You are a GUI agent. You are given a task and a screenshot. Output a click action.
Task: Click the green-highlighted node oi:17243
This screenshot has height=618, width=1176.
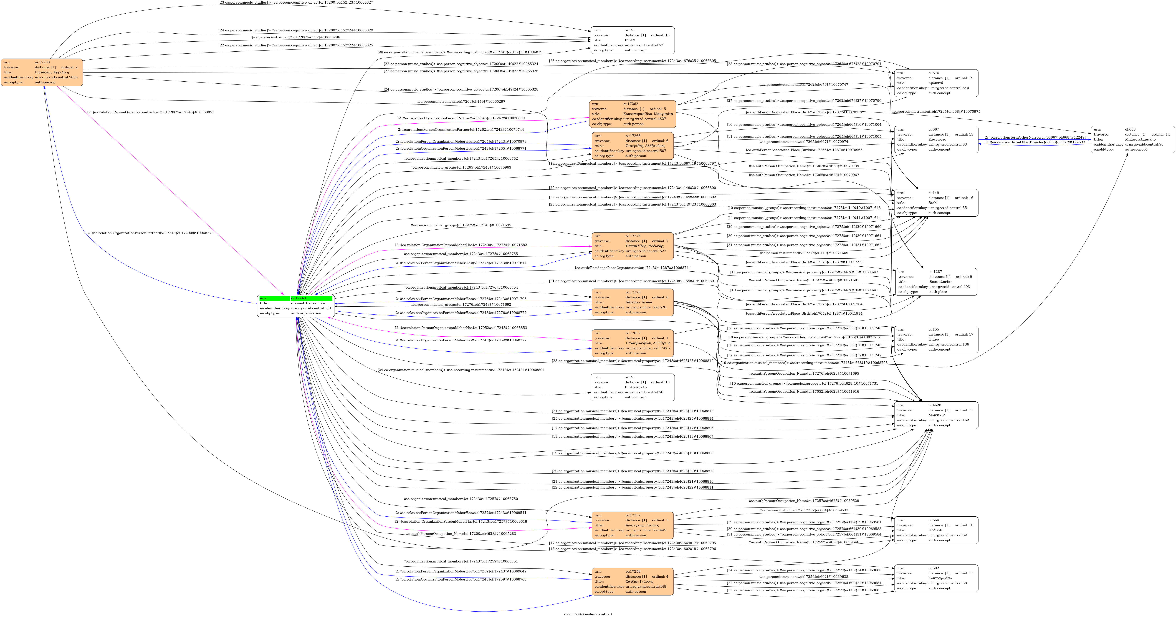[296, 306]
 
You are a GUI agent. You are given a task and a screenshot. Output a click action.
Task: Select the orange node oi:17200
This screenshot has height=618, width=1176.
[42, 72]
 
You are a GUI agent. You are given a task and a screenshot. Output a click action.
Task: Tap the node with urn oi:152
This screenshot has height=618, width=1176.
[632, 40]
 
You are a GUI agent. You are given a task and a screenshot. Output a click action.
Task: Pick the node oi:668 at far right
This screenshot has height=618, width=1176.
[1132, 139]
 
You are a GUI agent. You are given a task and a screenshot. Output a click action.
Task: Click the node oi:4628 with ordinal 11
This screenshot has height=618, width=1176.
[936, 415]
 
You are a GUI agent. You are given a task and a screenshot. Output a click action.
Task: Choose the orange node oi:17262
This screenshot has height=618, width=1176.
[632, 114]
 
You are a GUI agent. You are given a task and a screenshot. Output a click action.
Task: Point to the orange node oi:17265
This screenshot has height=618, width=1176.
[632, 146]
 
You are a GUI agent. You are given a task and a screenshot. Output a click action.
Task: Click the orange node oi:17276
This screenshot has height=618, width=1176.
[632, 302]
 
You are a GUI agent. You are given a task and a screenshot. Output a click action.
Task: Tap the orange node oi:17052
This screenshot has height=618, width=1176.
[632, 343]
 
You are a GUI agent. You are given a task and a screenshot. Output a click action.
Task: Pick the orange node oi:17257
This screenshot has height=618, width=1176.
[632, 525]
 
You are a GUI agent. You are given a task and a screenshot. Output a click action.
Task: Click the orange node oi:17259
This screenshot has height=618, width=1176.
[632, 581]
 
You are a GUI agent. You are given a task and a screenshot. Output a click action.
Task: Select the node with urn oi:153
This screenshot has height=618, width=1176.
[632, 387]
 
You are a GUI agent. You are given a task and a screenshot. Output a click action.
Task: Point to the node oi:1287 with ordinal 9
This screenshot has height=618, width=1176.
[936, 282]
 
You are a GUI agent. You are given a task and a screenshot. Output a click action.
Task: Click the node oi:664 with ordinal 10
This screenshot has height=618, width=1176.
[936, 530]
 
